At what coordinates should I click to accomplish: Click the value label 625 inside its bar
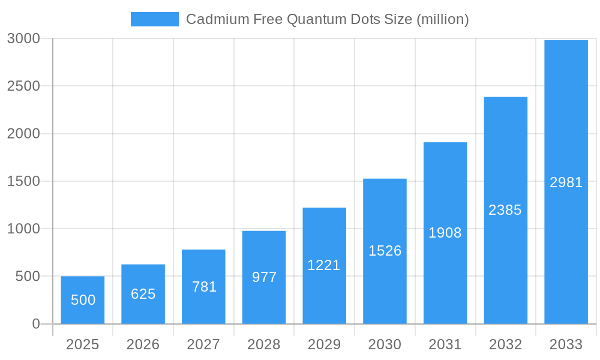pos(143,294)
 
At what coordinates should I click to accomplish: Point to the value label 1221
pos(324,265)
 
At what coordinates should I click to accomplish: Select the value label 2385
pos(505,210)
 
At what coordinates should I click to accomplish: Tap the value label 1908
pos(445,233)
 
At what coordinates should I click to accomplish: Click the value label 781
pos(204,287)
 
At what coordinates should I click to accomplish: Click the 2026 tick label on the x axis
pos(143,344)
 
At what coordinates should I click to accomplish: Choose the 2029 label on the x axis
pos(324,344)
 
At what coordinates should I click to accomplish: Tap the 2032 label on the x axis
pos(505,344)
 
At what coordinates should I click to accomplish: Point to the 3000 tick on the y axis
pos(23,38)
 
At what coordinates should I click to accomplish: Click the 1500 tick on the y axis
pos(23,181)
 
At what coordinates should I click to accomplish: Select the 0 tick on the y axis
pos(35,324)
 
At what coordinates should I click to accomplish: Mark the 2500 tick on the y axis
pos(23,86)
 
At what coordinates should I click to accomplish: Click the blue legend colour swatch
pos(154,19)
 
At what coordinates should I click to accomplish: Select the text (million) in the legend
pos(442,19)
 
